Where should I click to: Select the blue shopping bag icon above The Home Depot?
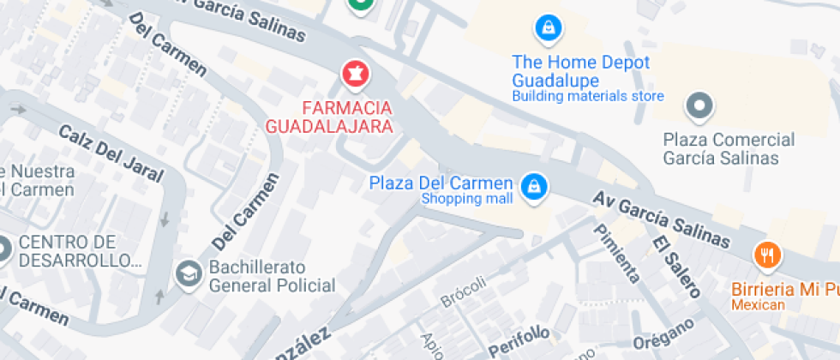pos(546,28)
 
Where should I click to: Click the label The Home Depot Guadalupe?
pos(580,70)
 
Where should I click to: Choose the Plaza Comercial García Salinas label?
pos(729,148)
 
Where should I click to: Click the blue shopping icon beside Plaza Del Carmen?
pos(534,185)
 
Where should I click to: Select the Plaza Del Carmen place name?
pos(441,183)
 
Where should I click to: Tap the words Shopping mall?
pos(466,200)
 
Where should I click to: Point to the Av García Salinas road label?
pos(662,219)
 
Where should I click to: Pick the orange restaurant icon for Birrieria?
pos(766,255)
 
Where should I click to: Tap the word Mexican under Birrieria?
pos(758,306)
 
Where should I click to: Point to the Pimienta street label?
pos(616,253)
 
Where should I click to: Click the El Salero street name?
pos(674,267)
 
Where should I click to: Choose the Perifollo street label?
pos(518,341)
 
